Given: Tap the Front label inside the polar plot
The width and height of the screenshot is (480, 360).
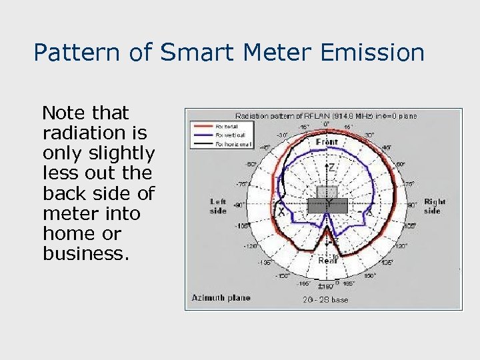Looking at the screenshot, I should click(327, 142).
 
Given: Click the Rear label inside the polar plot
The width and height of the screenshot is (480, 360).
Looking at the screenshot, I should click(327, 261).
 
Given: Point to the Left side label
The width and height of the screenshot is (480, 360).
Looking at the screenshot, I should click(218, 206).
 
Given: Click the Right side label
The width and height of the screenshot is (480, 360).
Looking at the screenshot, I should click(435, 206).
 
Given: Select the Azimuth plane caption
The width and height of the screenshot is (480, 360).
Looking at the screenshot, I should click(221, 297).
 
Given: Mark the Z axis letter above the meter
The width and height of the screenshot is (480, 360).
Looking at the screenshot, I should click(331, 169).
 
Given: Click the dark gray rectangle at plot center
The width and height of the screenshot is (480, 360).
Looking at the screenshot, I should click(327, 206).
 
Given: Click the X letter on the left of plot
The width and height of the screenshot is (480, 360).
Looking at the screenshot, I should click(281, 212).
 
